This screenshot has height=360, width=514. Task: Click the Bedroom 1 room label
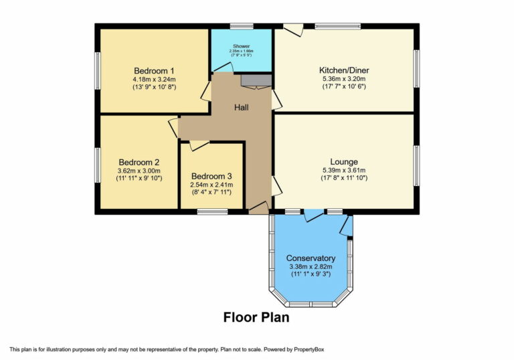(154, 70)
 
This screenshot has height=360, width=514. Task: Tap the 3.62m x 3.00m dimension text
(139, 170)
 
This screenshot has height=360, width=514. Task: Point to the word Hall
(242, 107)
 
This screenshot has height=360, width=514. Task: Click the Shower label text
(241, 46)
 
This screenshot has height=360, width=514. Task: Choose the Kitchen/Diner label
(344, 70)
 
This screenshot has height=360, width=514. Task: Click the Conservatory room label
(310, 258)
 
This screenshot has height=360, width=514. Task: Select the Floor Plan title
(256, 317)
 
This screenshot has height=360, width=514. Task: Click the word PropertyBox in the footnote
(307, 349)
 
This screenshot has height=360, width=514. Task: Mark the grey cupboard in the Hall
(256, 81)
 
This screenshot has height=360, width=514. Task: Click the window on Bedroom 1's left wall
(98, 70)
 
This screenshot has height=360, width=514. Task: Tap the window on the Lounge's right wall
(416, 165)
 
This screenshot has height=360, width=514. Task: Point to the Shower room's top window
(241, 26)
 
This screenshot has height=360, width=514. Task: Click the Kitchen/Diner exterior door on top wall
(292, 30)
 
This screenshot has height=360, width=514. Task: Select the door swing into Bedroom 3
(199, 145)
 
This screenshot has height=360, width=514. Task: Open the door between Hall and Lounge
(276, 185)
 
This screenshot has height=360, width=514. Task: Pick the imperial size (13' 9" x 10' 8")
(154, 87)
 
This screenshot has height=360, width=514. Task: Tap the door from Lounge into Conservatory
(313, 215)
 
